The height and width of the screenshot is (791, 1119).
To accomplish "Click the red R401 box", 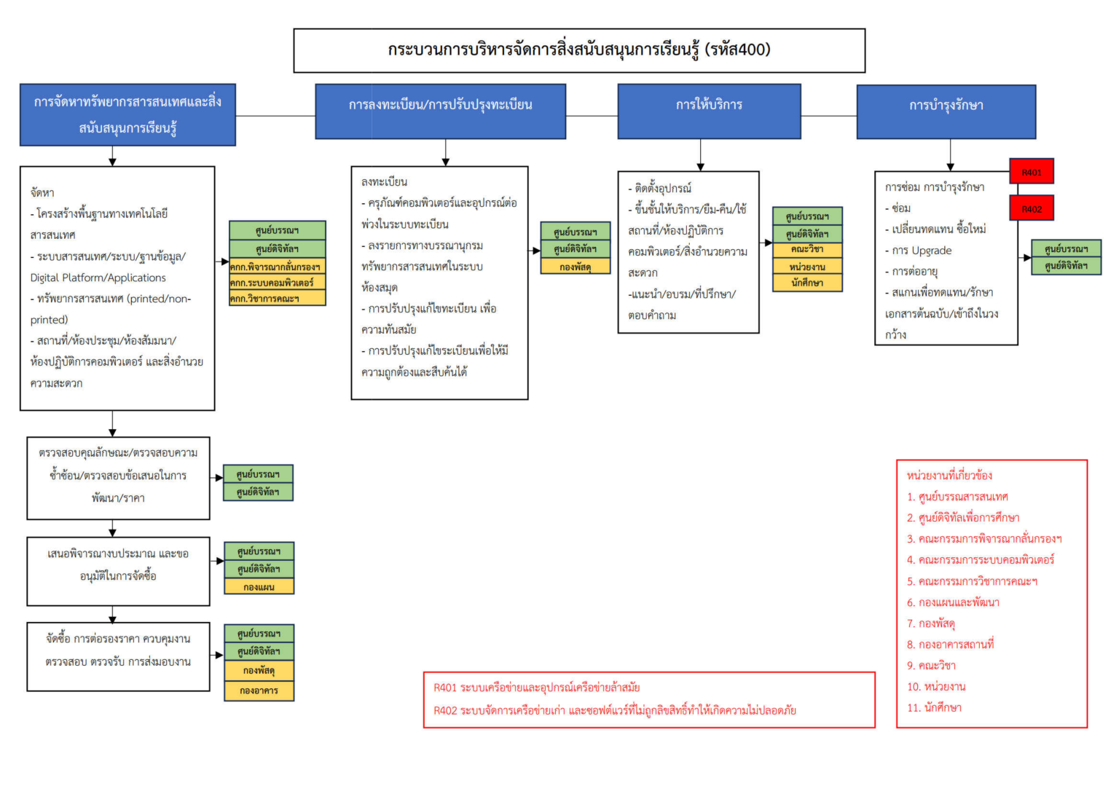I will (x=1031, y=172).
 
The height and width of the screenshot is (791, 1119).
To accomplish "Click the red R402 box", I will (x=1031, y=208).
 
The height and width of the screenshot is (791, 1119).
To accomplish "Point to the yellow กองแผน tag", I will (x=259, y=586).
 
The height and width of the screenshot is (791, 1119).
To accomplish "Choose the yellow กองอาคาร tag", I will (x=259, y=690).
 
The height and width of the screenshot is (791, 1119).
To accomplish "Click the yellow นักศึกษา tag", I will (x=807, y=283).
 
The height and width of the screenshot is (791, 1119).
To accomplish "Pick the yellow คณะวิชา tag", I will (x=807, y=249).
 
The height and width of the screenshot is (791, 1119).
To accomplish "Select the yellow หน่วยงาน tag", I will (x=807, y=267).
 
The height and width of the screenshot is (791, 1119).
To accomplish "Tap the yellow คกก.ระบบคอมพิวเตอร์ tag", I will (x=277, y=282).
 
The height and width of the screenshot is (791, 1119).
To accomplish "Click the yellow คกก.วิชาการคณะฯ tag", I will (x=277, y=299).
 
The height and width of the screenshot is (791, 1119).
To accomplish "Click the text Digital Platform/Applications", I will (x=98, y=278).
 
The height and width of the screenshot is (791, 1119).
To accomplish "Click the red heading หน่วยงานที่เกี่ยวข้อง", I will (x=949, y=475).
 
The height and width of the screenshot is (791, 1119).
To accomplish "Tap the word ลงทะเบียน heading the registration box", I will (x=384, y=181).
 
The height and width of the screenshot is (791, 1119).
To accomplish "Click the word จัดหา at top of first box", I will (x=42, y=192).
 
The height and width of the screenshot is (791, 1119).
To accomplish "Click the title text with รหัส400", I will (x=579, y=50).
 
